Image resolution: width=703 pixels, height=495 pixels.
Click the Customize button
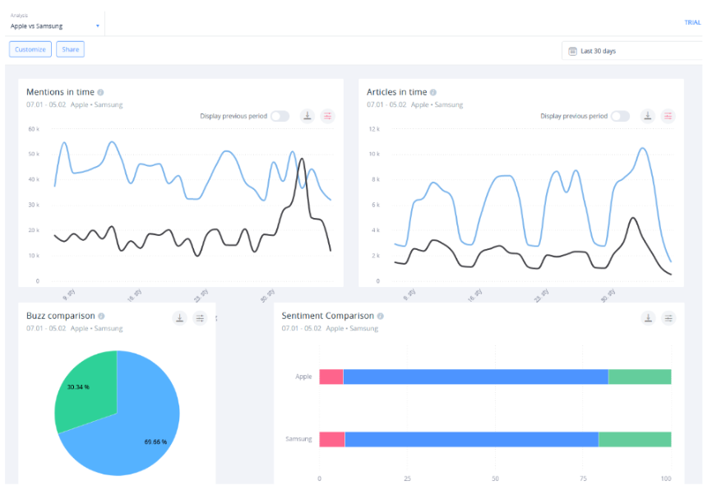pos(30,49)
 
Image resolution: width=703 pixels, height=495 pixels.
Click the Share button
pos(71,49)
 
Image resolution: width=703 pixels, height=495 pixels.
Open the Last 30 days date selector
pos(625,51)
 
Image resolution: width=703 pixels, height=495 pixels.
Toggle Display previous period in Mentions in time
pos(280,116)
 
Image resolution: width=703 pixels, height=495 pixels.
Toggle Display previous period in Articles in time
pos(620,116)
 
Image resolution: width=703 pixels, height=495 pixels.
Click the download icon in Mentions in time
pos(308,116)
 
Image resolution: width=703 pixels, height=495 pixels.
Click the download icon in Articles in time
pos(648,116)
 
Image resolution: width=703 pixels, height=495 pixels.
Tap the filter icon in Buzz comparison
pos(200,318)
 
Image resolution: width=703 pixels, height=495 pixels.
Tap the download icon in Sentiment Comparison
pos(648,318)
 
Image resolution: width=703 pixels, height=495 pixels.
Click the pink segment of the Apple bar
pos(331,377)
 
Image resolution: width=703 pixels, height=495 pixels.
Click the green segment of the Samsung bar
pos(634,439)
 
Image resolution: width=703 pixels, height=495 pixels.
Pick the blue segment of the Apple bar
pos(475,377)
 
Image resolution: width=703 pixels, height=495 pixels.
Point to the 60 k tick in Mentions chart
pos(34,129)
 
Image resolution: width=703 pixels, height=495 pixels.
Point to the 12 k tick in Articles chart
pos(372,129)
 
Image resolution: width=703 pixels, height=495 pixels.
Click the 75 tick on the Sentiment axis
pos(583,478)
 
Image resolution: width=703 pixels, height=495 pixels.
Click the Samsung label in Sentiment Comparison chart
pos(298,439)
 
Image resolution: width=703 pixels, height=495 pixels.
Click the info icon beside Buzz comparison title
pos(101,316)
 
